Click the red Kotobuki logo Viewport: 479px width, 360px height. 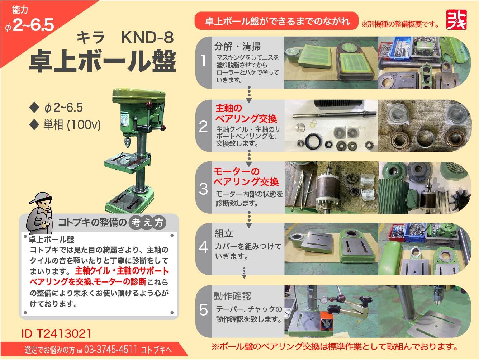[456, 19]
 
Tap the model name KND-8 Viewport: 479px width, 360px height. [147, 37]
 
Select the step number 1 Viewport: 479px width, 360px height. [203, 61]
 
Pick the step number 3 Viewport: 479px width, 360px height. [203, 189]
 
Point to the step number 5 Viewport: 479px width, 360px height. [203, 309]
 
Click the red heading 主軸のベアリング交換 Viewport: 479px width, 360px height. [246, 114]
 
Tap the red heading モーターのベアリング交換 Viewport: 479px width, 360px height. [246, 177]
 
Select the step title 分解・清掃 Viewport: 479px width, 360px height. [237, 46]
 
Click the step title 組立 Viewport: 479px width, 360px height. [224, 234]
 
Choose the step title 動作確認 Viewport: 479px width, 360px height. [232, 296]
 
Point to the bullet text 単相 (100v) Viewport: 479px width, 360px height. [72, 124]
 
